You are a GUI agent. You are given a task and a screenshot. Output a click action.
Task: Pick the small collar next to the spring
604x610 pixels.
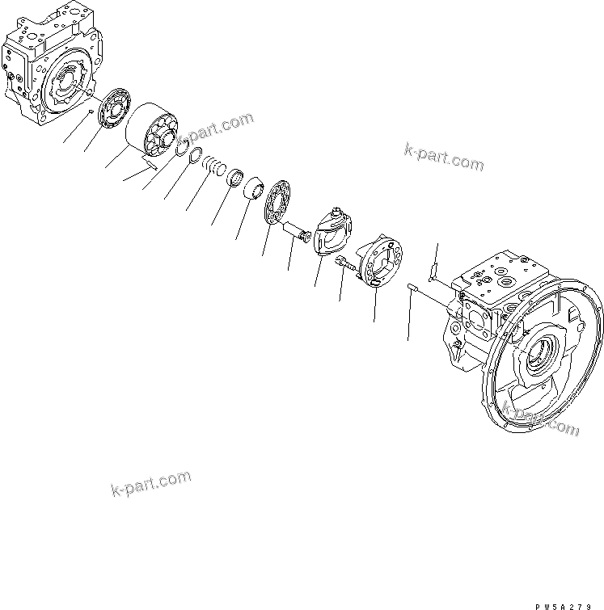pos(235,176)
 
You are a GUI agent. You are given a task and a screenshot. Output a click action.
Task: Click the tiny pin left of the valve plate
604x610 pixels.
pos(91,111)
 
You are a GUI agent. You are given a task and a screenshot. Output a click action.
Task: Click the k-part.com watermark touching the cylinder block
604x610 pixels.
pos(214,128)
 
